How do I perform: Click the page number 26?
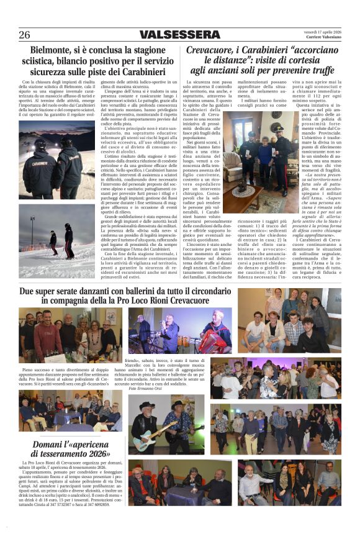24,35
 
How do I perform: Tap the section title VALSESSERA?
179,35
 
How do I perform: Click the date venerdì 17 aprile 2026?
322,31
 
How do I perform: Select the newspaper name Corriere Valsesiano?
325,38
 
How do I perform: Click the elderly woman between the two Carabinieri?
265,149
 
